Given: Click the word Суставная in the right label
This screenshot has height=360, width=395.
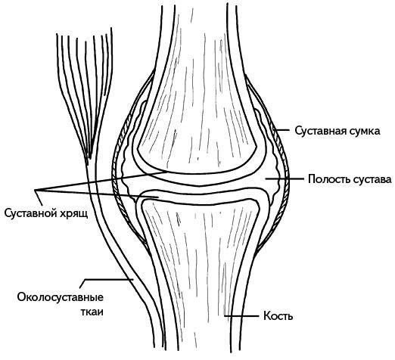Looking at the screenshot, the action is click(319, 131).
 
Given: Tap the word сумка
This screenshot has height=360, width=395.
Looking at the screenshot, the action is click(362, 132).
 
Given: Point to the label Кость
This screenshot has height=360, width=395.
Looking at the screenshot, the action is click(278, 315).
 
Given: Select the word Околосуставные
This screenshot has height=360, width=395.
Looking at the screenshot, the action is click(61, 297).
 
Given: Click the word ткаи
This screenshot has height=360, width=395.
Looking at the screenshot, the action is click(92, 312).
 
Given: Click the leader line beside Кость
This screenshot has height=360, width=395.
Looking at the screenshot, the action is click(241, 315).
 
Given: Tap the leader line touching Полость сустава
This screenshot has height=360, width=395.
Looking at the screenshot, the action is click(285, 178).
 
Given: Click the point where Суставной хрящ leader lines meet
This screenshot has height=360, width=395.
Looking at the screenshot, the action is click(36, 190).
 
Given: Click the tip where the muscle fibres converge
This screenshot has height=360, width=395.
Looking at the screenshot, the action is click(88, 158).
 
